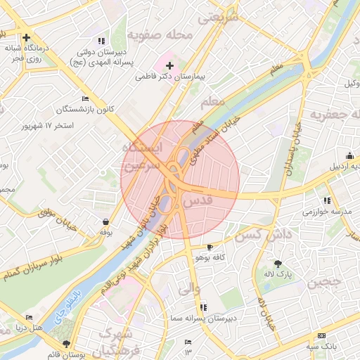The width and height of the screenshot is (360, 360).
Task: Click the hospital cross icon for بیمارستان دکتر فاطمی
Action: click(169, 65)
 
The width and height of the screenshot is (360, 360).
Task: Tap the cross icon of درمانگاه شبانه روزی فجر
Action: click(26, 38)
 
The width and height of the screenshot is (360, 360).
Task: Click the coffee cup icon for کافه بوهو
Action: click(210, 247)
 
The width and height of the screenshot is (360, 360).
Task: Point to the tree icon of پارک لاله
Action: click(278, 264)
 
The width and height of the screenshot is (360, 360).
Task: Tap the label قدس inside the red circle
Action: click(198, 202)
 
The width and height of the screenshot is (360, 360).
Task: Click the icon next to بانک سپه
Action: click(321, 336)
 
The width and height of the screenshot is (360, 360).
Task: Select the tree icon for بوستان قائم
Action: click(67, 344)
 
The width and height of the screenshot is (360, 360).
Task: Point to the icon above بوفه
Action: click(105, 221)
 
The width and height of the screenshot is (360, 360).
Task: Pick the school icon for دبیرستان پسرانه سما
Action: click(204, 307)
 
